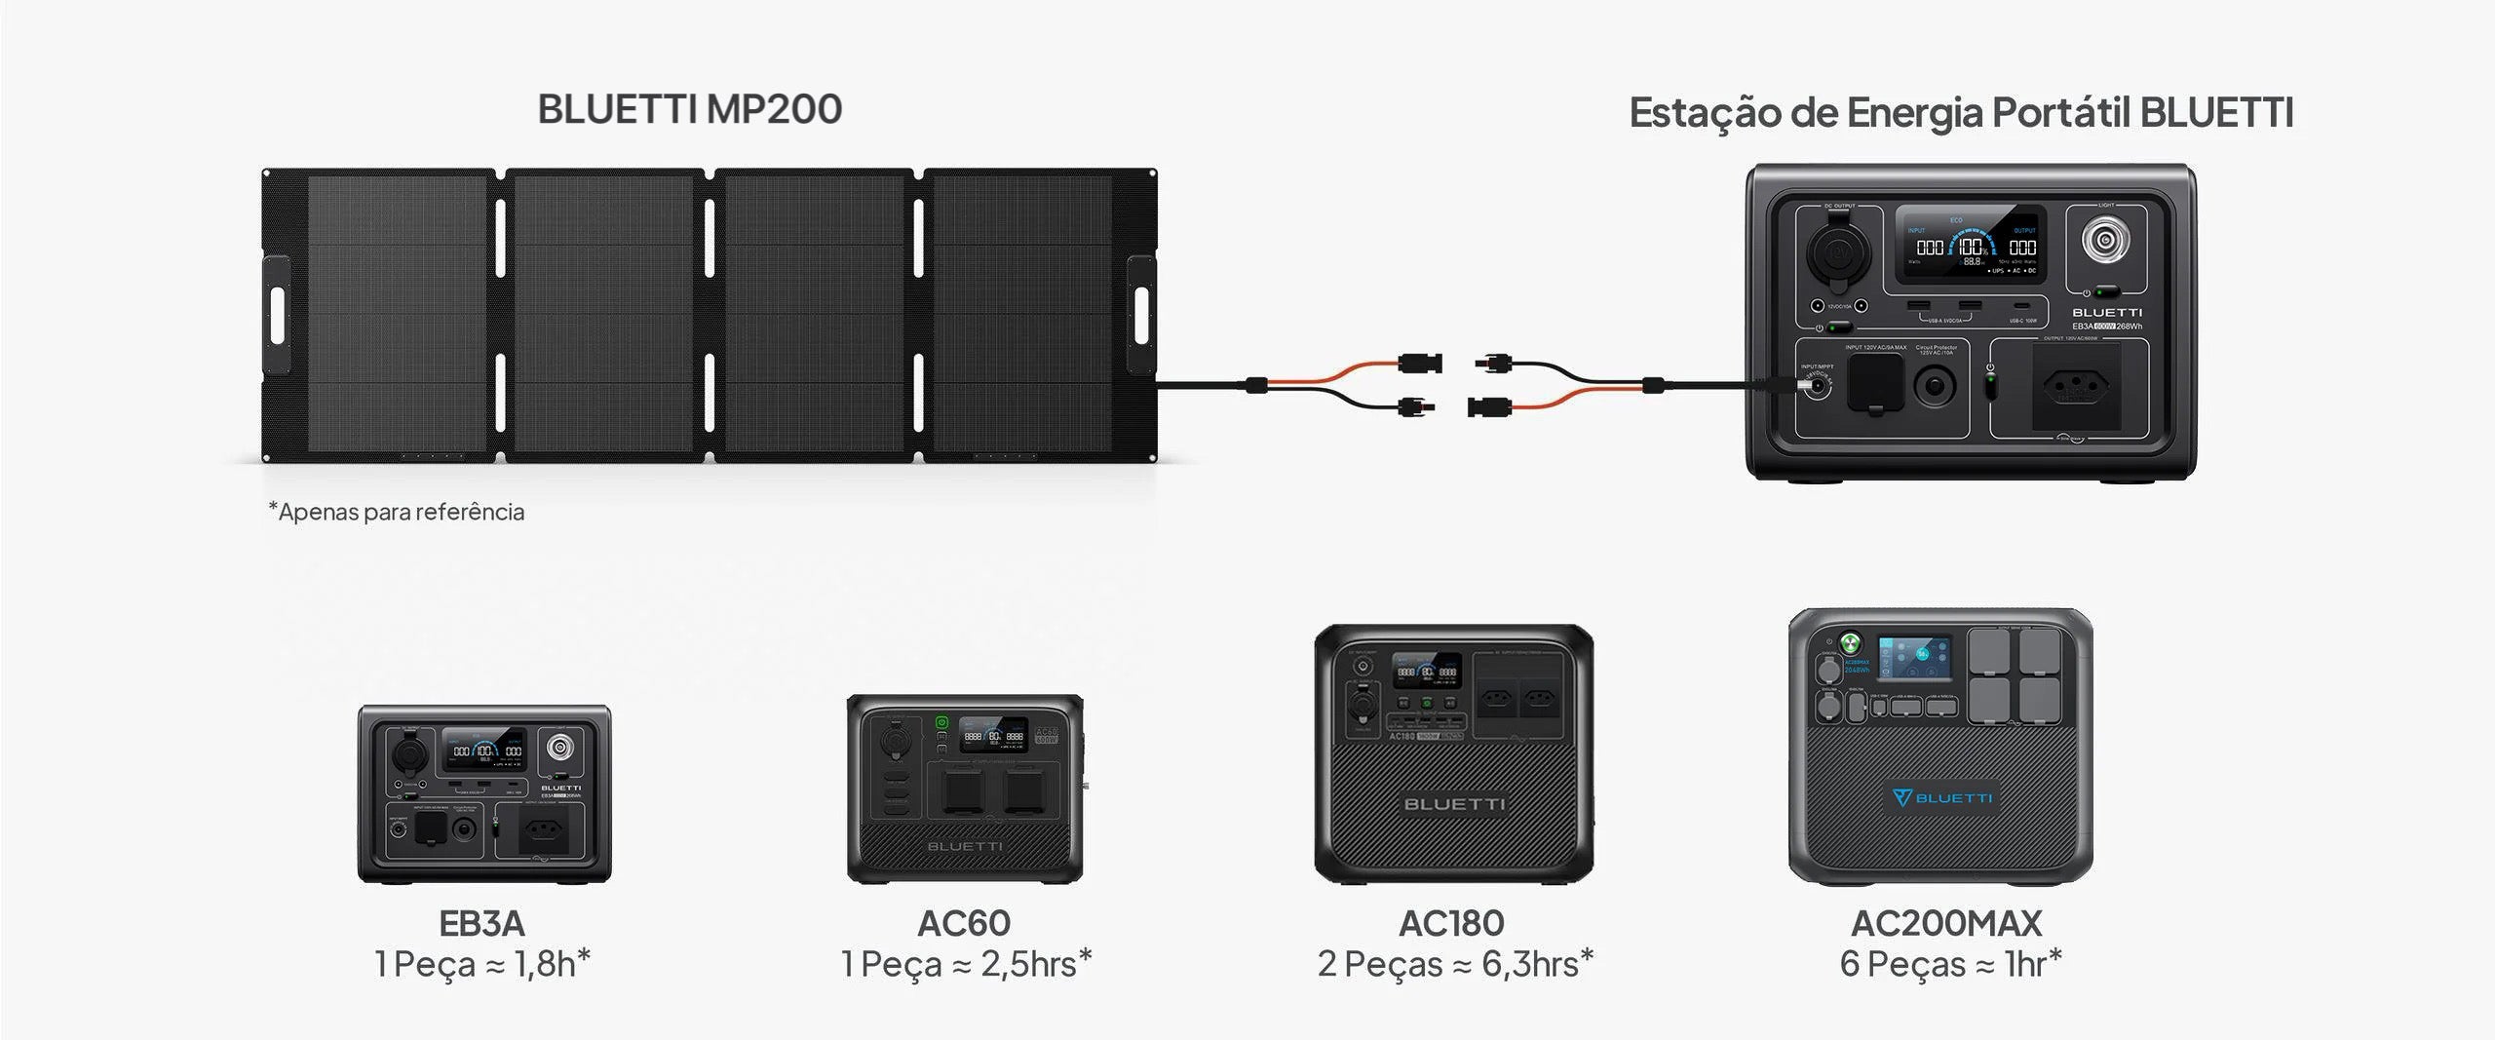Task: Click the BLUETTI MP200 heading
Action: point(690,109)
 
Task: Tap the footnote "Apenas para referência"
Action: point(397,512)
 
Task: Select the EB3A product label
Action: point(481,922)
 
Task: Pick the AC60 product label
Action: point(964,922)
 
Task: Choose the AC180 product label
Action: point(1451,922)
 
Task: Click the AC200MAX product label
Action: point(1946,922)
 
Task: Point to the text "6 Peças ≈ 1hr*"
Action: point(1950,964)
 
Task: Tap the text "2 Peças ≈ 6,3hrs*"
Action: point(1455,964)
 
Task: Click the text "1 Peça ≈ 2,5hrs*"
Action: point(966,964)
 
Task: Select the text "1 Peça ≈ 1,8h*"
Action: point(482,964)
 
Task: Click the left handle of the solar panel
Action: point(276,314)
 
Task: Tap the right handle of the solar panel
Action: point(1140,314)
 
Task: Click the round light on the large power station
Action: point(2105,240)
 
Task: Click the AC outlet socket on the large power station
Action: point(2075,387)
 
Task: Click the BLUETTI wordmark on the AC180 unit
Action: point(1454,804)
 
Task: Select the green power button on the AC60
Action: point(941,722)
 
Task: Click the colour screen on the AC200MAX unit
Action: point(1915,666)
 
